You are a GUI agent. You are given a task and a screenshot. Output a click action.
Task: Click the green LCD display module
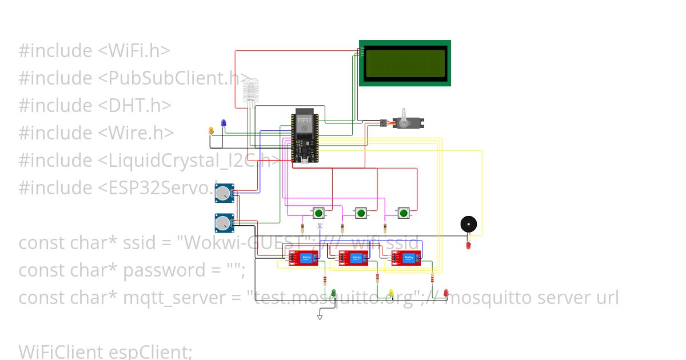click(405, 63)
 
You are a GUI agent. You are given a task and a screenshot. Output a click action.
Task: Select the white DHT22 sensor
click(250, 91)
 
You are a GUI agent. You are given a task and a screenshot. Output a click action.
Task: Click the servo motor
click(406, 122)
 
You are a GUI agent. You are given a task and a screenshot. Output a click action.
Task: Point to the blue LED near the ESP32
click(224, 123)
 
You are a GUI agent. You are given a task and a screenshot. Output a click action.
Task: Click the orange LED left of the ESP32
click(211, 131)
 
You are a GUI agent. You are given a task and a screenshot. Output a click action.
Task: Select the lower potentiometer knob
click(223, 223)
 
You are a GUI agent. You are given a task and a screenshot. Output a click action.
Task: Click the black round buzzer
click(469, 224)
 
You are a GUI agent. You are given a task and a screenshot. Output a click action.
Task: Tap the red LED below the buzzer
click(468, 245)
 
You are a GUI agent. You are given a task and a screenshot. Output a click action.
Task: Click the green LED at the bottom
click(334, 293)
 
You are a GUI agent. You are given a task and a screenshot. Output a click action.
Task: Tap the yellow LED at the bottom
click(391, 293)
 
